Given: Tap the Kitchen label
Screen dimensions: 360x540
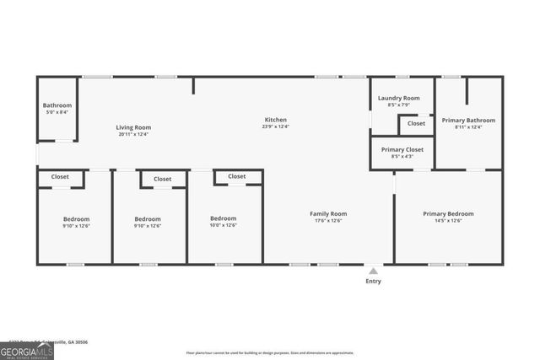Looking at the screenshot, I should pyautogui.click(x=276, y=120).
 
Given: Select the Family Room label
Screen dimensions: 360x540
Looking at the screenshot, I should pyautogui.click(x=328, y=213).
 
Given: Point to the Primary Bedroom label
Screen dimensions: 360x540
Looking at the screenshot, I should pyautogui.click(x=448, y=213).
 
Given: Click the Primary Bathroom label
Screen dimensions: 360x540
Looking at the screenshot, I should pyautogui.click(x=469, y=120).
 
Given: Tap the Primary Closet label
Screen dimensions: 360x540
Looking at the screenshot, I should pyautogui.click(x=402, y=149).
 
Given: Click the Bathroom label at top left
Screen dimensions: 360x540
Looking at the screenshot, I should pyautogui.click(x=57, y=105).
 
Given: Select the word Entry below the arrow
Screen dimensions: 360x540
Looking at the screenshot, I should pyautogui.click(x=373, y=281).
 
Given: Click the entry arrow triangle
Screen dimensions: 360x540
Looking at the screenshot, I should pyautogui.click(x=373, y=271).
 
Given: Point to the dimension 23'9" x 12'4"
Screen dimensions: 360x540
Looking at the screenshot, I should pyautogui.click(x=276, y=126).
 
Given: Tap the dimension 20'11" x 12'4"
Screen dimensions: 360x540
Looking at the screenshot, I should pyautogui.click(x=133, y=134).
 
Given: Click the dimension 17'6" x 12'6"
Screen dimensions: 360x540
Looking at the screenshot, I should pyautogui.click(x=328, y=220).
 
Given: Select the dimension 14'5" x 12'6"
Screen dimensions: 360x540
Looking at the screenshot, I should pyautogui.click(x=448, y=220).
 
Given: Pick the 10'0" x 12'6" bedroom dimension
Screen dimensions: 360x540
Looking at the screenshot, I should pyautogui.click(x=224, y=225).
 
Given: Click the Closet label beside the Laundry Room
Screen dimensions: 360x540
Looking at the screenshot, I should pyautogui.click(x=417, y=123).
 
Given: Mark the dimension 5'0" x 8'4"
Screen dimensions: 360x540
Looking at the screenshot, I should pyautogui.click(x=57, y=111).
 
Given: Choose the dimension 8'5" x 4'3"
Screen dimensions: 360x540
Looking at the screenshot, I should pyautogui.click(x=402, y=156).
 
